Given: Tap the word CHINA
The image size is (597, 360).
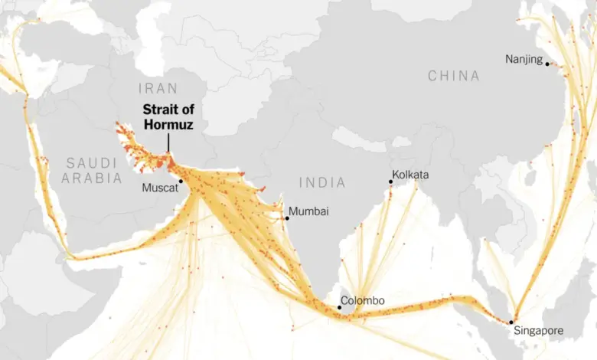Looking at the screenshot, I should [x=454, y=76].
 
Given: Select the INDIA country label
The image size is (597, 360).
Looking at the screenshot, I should [x=322, y=182].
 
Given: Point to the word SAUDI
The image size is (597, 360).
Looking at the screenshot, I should [x=92, y=162].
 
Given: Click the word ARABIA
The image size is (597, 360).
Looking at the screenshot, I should [x=93, y=178].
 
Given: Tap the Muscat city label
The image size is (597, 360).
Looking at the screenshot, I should [x=159, y=186].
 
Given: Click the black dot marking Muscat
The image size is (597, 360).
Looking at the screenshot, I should [x=181, y=182].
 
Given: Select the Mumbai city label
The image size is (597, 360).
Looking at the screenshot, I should [x=309, y=211].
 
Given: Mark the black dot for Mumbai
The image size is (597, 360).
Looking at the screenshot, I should [x=287, y=218].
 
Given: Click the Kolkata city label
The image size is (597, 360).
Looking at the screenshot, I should [x=410, y=175].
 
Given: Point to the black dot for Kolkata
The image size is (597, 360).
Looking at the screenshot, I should [x=390, y=182].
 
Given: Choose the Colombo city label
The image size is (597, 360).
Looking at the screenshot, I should [x=363, y=300].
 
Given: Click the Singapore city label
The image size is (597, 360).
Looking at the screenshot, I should [x=537, y=331].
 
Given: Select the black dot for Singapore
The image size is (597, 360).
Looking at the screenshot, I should [x=511, y=322].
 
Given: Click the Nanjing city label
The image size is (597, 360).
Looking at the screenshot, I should [x=524, y=59].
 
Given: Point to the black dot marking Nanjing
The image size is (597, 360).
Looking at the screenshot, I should [x=547, y=64].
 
